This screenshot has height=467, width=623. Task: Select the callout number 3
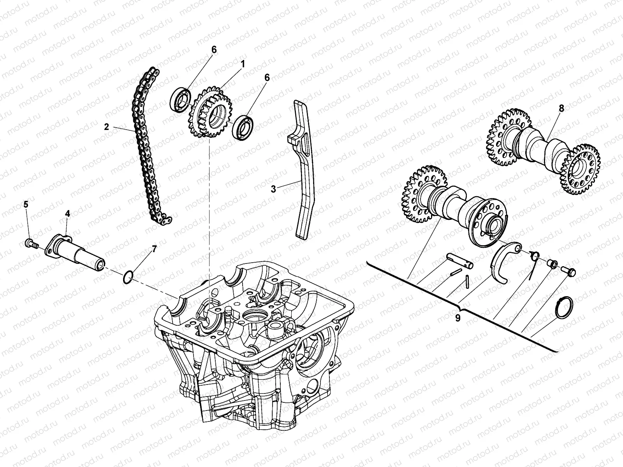[x=273, y=189]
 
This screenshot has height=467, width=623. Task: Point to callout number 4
[x=67, y=213]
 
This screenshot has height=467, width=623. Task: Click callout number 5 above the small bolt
[x=26, y=204]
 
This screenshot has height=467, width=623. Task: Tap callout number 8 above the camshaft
[x=561, y=109]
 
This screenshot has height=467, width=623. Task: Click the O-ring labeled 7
[x=128, y=277]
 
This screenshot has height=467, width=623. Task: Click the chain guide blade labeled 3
[x=304, y=171]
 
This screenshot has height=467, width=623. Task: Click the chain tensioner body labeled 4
[x=78, y=252]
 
